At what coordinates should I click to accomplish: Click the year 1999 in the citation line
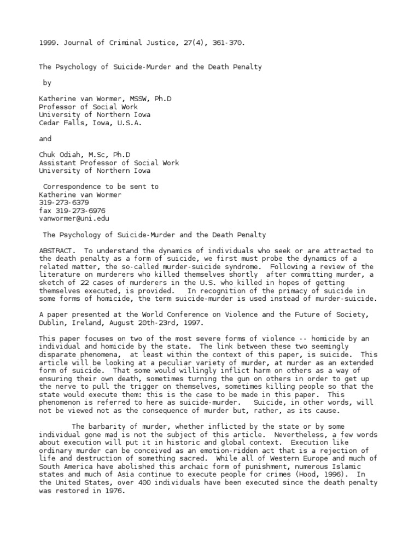(x=47, y=41)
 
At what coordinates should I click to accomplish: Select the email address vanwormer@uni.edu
(x=74, y=218)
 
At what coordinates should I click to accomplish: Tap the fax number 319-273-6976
(x=72, y=211)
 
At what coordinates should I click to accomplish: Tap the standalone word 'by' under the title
(x=48, y=83)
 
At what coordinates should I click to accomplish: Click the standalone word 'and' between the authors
(x=45, y=139)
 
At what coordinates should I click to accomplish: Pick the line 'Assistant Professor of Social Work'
(x=109, y=163)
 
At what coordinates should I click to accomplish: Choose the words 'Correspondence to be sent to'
(x=101, y=186)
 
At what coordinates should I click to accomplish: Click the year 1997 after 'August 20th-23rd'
(x=189, y=322)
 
